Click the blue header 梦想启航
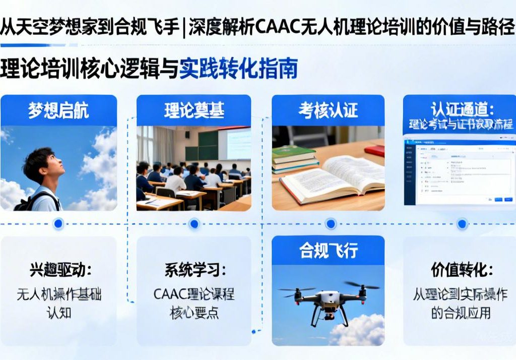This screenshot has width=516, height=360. click(x=58, y=110)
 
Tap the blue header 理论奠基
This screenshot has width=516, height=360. click(x=194, y=110)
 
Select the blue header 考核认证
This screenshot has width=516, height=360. click(x=328, y=110)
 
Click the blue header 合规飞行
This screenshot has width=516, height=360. click(x=328, y=251)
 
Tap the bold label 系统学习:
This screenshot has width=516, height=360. click(x=195, y=270)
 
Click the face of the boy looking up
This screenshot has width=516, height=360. click(x=52, y=169)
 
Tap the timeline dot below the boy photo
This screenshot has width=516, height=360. click(x=58, y=223)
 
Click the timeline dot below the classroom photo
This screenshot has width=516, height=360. click(x=194, y=223)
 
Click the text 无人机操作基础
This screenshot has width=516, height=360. click(x=59, y=295)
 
